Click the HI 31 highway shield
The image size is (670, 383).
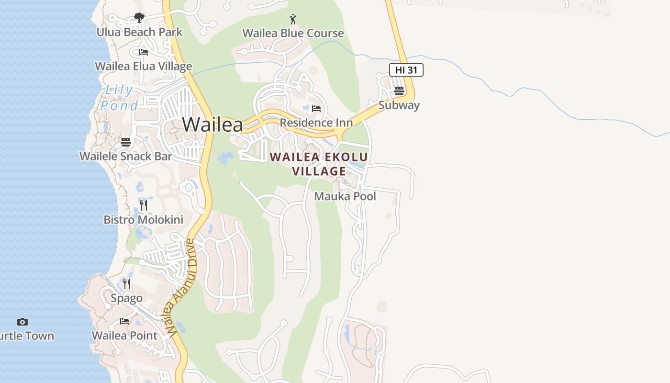(406, 70)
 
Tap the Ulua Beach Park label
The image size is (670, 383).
(139, 32)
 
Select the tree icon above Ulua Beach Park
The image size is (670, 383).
(139, 18)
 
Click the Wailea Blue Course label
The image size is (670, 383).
(293, 33)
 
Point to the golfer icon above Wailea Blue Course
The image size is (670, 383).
(293, 19)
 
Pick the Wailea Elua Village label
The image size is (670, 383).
(144, 66)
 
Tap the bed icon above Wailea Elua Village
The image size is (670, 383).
(144, 52)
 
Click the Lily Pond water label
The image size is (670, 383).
(119, 98)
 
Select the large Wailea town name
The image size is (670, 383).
(212, 124)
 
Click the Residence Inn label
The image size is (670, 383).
(316, 123)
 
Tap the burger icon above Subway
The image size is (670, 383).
(399, 91)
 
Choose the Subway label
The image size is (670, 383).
(399, 105)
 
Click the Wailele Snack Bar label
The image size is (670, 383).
(126, 156)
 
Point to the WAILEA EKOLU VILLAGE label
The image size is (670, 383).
(319, 164)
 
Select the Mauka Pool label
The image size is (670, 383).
(345, 196)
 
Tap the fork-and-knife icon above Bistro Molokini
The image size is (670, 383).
(144, 205)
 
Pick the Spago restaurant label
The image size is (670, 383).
(127, 298)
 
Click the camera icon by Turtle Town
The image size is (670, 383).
(22, 322)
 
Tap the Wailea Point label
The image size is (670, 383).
(124, 336)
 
